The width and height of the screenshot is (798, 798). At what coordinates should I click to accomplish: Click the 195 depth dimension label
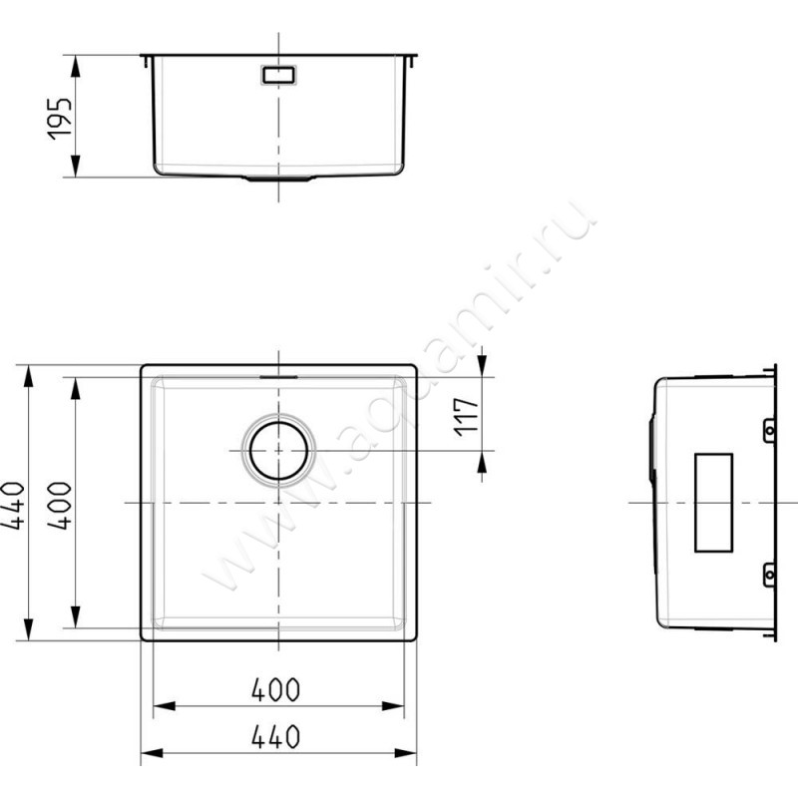60,119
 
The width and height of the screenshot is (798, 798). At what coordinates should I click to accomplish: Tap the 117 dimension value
467,417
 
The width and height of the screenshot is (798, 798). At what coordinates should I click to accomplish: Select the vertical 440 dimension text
13,506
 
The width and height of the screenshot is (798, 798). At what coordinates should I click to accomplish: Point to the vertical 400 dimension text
60,506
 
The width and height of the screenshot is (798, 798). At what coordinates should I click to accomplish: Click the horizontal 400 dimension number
276,689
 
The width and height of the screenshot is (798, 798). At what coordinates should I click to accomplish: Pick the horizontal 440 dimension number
276,737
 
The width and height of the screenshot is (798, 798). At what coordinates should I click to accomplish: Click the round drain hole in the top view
278,451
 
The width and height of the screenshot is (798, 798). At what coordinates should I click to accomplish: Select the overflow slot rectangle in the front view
278,75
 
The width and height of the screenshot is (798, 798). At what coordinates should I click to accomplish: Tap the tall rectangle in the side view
713,503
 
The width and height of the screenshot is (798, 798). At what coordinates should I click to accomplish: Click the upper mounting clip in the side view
769,431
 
